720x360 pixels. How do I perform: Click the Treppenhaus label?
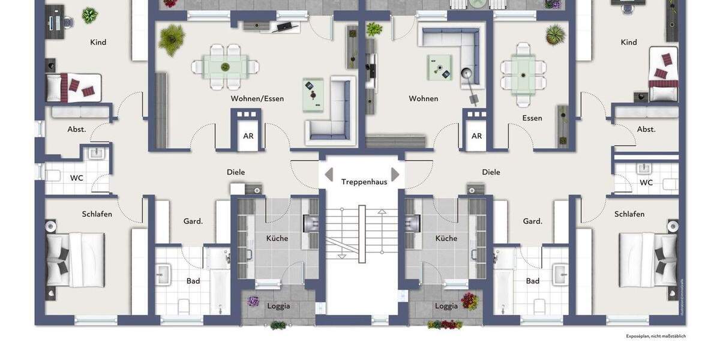click(364, 182)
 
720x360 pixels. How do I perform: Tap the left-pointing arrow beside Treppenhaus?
click(328, 175)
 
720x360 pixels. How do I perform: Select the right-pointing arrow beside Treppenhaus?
click(395, 175)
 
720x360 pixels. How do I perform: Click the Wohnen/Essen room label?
click(257, 98)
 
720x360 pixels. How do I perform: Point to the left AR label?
click(248, 136)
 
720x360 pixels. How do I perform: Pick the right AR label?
click(476, 136)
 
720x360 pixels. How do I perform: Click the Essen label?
click(532, 118)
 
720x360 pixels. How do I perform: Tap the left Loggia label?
click(278, 306)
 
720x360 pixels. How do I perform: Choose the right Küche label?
click(446, 238)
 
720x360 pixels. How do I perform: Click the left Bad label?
click(193, 281)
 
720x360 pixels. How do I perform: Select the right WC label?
click(646, 182)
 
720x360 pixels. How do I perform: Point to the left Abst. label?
click(77, 129)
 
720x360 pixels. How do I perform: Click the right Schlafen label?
click(629, 214)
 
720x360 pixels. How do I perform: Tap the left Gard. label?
click(193, 221)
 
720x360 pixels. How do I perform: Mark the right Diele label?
click(491, 172)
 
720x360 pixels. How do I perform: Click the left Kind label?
click(98, 42)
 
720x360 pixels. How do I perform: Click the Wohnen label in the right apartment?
click(424, 98)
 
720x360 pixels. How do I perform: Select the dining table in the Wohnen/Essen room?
click(226, 67)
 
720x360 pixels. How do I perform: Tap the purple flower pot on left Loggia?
click(254, 301)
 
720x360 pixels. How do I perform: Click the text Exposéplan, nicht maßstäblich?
click(656, 336)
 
